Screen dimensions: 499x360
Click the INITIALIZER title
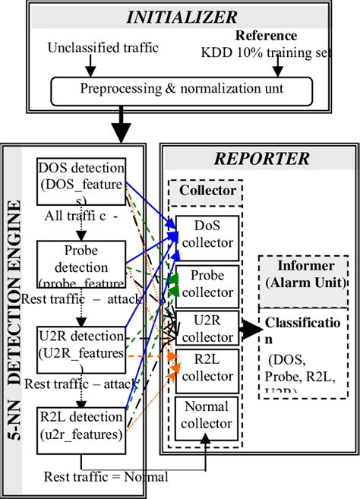click(x=181, y=15)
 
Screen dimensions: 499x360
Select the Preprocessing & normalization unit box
click(x=181, y=89)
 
